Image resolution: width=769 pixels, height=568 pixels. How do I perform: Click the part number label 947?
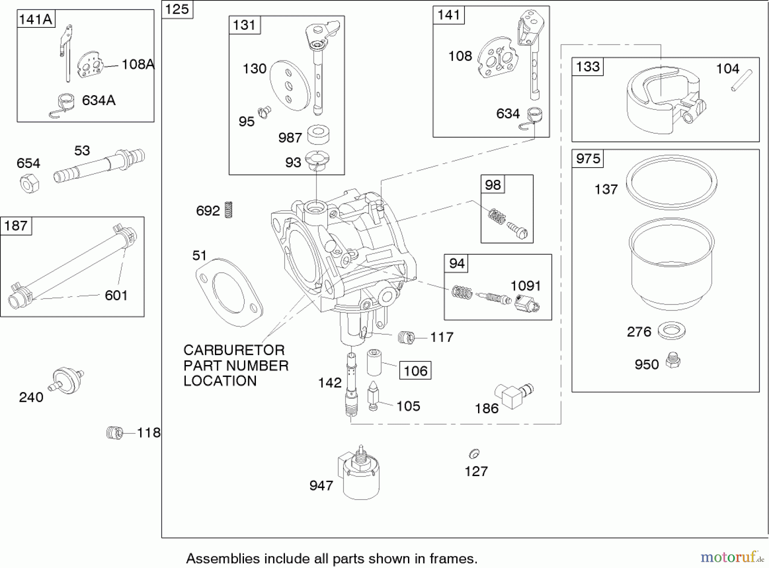[x=321, y=486]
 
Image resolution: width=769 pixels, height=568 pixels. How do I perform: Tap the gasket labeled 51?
[x=229, y=292]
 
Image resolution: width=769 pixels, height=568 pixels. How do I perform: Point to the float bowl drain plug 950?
[x=673, y=360]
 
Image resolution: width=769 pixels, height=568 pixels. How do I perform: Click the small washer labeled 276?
[x=672, y=330]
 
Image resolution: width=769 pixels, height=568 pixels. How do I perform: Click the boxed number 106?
[x=415, y=371]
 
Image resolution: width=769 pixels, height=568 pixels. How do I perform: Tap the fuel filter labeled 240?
[x=67, y=379]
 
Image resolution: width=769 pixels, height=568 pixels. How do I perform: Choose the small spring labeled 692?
[x=229, y=210]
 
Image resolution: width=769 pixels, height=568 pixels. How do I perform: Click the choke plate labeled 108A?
[x=90, y=66]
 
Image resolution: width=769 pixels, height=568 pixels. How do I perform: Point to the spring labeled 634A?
[x=63, y=105]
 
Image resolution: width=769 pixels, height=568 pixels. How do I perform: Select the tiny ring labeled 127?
[x=474, y=453]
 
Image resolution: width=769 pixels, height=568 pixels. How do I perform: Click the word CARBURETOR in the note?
[x=234, y=350]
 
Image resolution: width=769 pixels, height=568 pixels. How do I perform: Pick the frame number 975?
[x=588, y=159]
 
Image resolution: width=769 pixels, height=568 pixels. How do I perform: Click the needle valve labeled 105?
[x=373, y=396]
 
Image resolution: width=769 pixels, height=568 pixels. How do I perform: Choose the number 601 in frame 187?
[x=116, y=295]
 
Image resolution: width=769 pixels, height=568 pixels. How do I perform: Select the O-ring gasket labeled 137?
[x=671, y=182]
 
